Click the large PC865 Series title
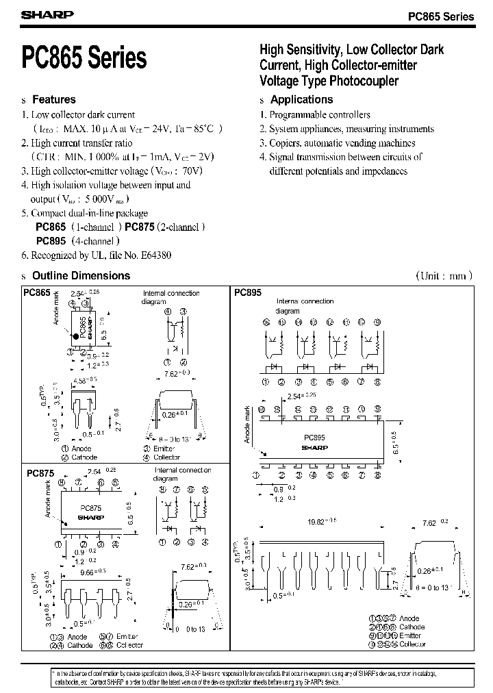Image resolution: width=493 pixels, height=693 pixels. [x=84, y=58]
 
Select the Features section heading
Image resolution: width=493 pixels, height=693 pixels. [x=54, y=100]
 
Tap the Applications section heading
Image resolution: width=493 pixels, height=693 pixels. [x=302, y=100]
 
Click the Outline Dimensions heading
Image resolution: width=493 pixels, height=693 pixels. [x=81, y=276]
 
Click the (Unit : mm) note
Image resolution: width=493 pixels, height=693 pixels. [x=444, y=276]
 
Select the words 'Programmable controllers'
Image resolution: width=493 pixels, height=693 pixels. [x=320, y=115]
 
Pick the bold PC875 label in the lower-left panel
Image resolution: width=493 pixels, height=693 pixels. [x=40, y=473]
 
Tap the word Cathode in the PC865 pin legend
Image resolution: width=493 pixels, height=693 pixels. [x=84, y=457]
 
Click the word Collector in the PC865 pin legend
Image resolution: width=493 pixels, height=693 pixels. [x=166, y=457]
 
